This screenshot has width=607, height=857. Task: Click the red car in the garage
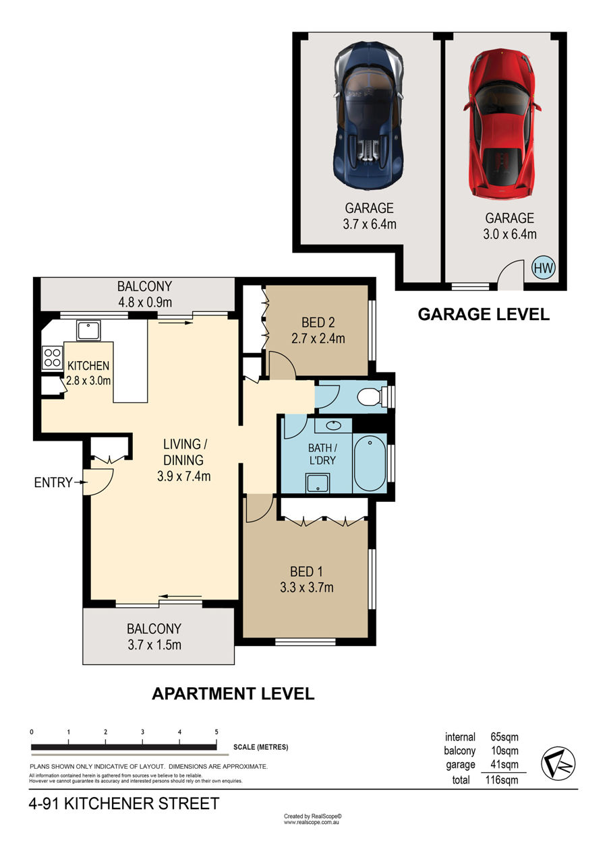pyautogui.click(x=502, y=123)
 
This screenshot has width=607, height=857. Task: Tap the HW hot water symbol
pyautogui.click(x=544, y=268)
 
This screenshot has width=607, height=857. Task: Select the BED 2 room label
pyautogui.click(x=318, y=323)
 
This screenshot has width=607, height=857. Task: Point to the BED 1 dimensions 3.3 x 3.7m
pyautogui.click(x=307, y=588)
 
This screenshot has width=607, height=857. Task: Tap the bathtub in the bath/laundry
pyautogui.click(x=370, y=464)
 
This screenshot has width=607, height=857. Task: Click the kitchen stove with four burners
pyautogui.click(x=53, y=357)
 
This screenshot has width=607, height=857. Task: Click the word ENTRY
pyautogui.click(x=53, y=482)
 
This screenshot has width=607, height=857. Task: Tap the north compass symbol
pyautogui.click(x=558, y=763)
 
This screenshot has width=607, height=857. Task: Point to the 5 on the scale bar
pyautogui.click(x=216, y=732)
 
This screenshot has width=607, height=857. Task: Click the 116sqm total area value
pyautogui.click(x=502, y=780)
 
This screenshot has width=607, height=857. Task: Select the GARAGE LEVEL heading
pyautogui.click(x=484, y=314)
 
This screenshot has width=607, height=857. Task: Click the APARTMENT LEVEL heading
pyautogui.click(x=233, y=694)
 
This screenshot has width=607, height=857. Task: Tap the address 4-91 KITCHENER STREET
pyautogui.click(x=124, y=803)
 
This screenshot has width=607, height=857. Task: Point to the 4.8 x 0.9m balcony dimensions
pyautogui.click(x=145, y=303)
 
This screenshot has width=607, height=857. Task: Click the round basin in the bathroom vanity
pyautogui.click(x=334, y=425)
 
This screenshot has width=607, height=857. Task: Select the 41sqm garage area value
pyautogui.click(x=504, y=765)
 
